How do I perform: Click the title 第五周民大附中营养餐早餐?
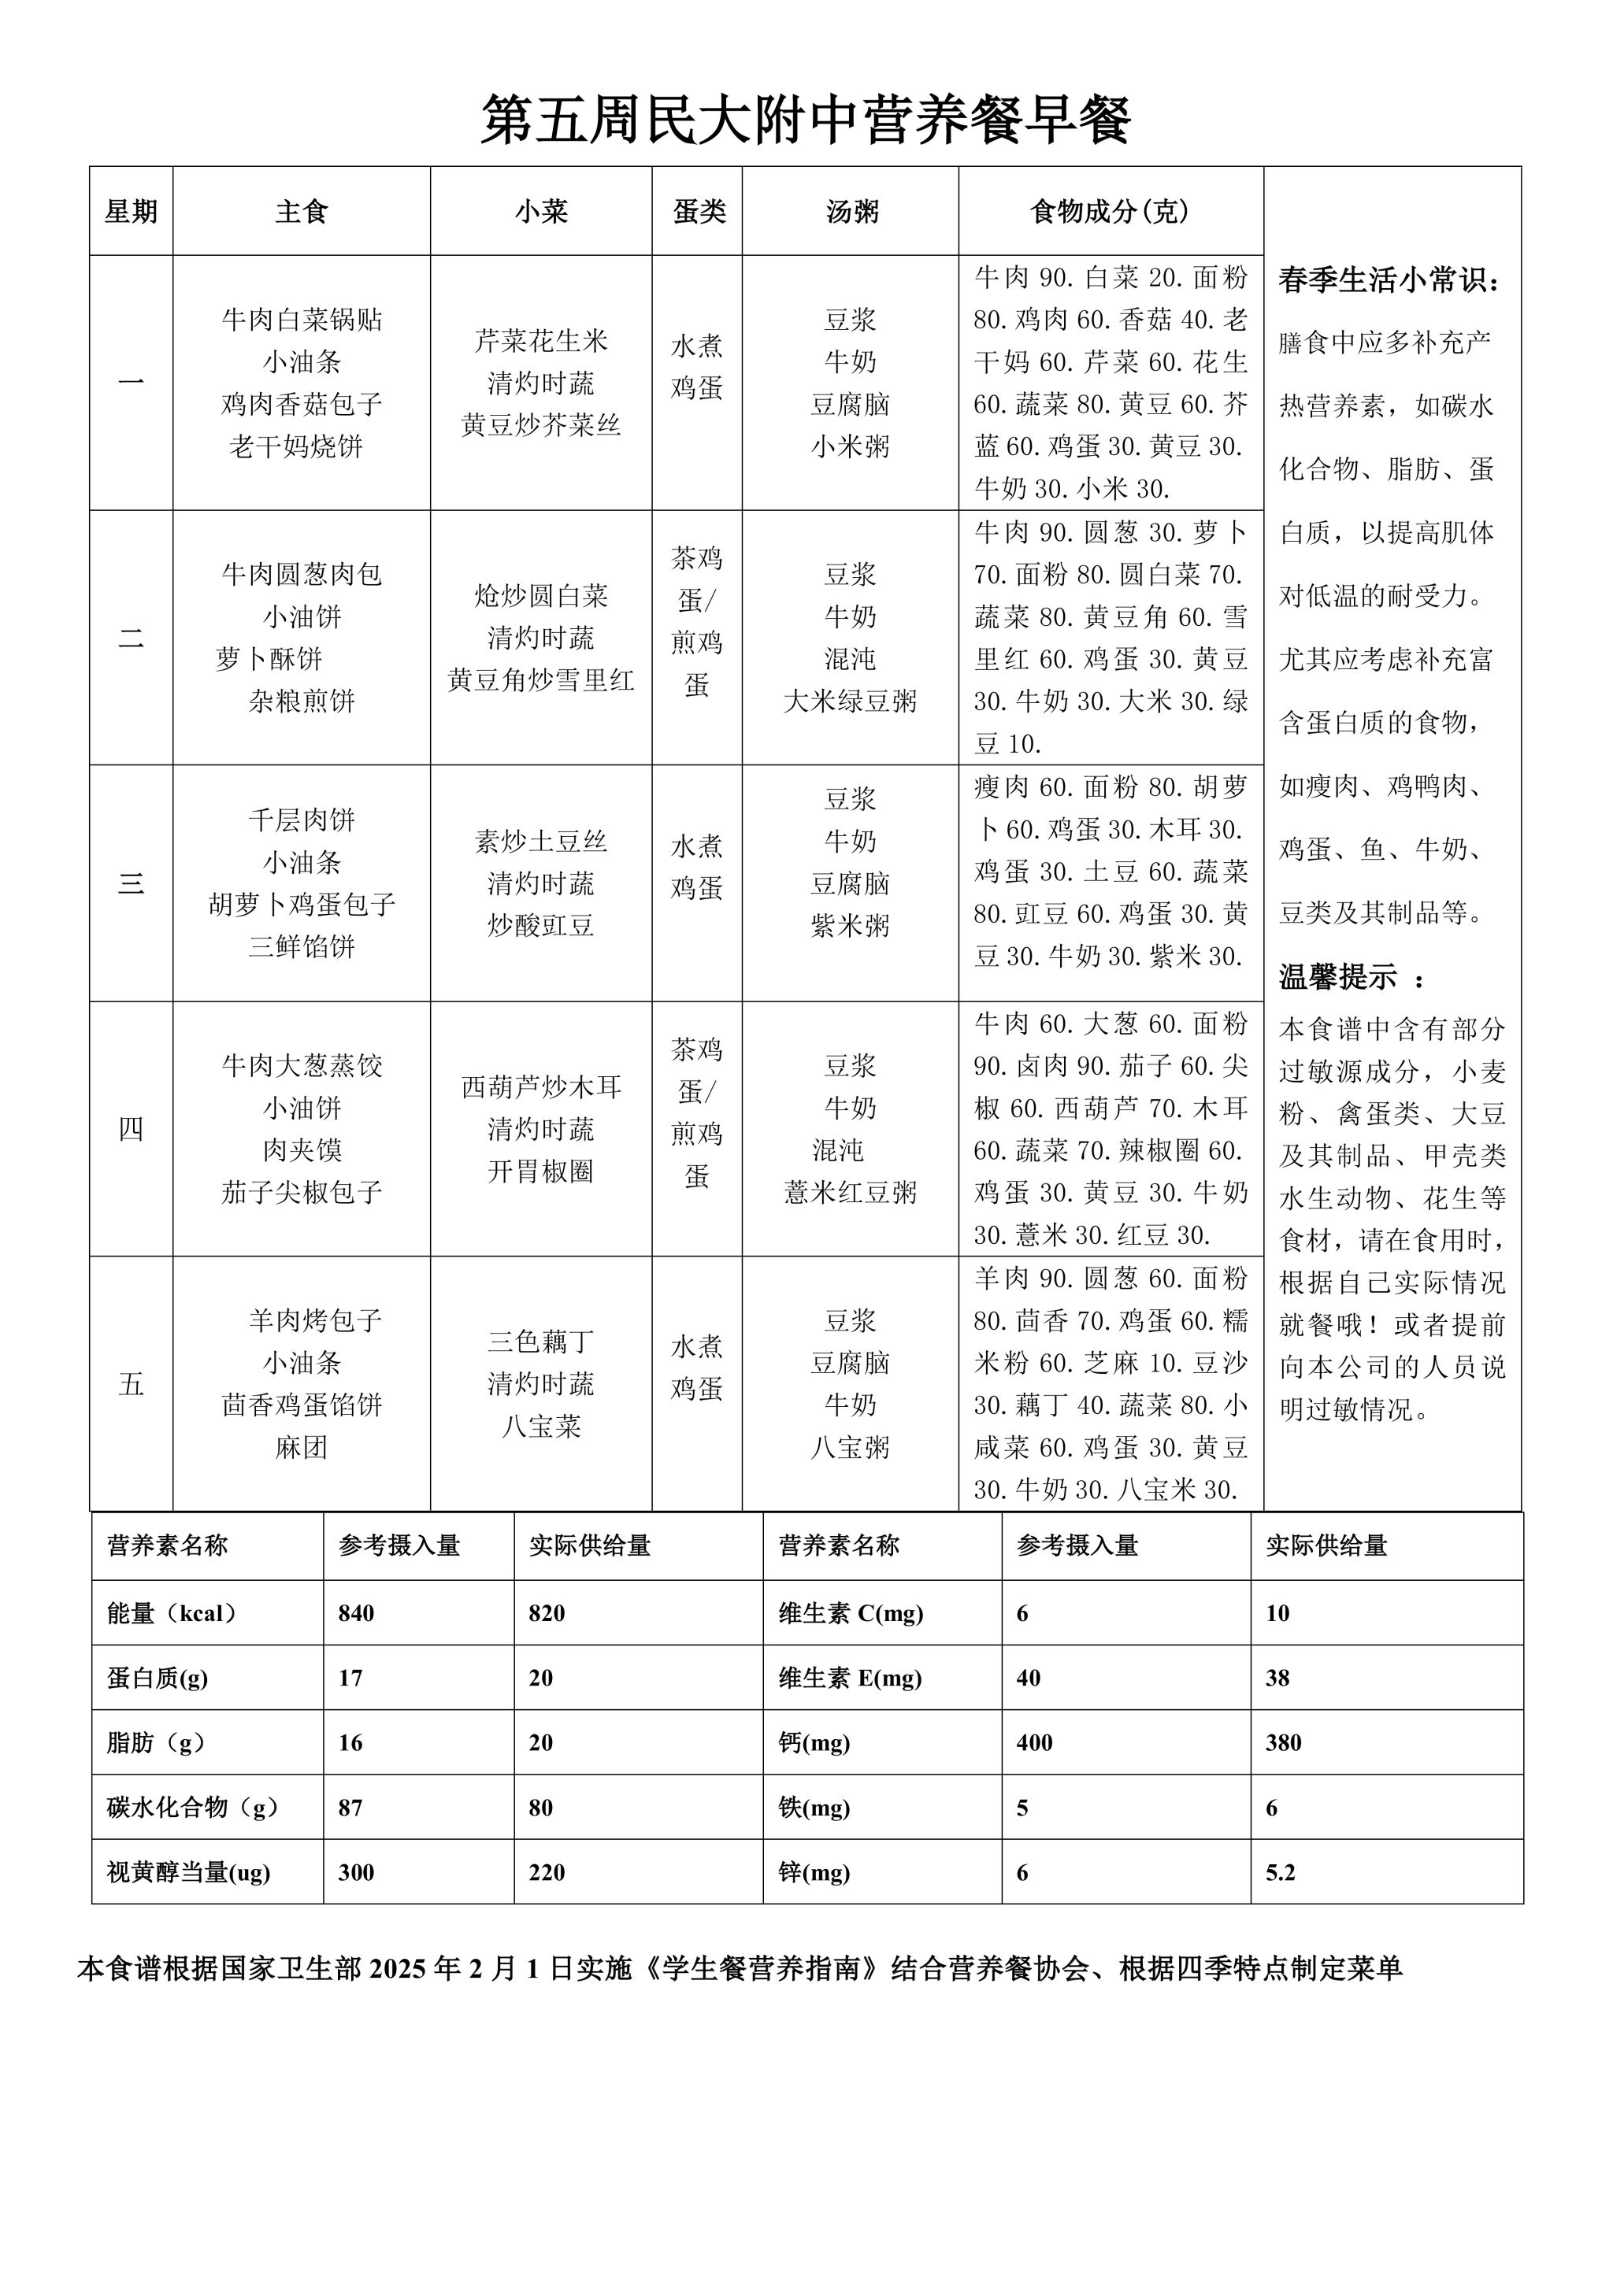pos(806,121)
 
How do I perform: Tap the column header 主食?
pos(301,212)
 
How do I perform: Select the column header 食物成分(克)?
pos(1110,212)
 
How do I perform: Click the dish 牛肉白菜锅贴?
pos(302,320)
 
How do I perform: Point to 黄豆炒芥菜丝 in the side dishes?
pos(540,425)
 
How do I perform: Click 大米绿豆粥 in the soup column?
pos(850,701)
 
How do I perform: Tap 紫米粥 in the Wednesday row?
pos(850,926)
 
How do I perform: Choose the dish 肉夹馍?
pos(302,1150)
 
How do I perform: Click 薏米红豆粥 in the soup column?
pos(850,1192)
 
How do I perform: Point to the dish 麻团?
pos(302,1447)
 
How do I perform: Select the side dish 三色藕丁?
pos(540,1342)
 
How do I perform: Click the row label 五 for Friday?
pos(131,1383)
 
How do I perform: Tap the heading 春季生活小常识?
pos(1389,281)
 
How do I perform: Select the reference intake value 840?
pos(355,1612)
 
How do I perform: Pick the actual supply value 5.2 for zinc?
pos(1281,1872)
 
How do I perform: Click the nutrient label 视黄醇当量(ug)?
pos(189,1872)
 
